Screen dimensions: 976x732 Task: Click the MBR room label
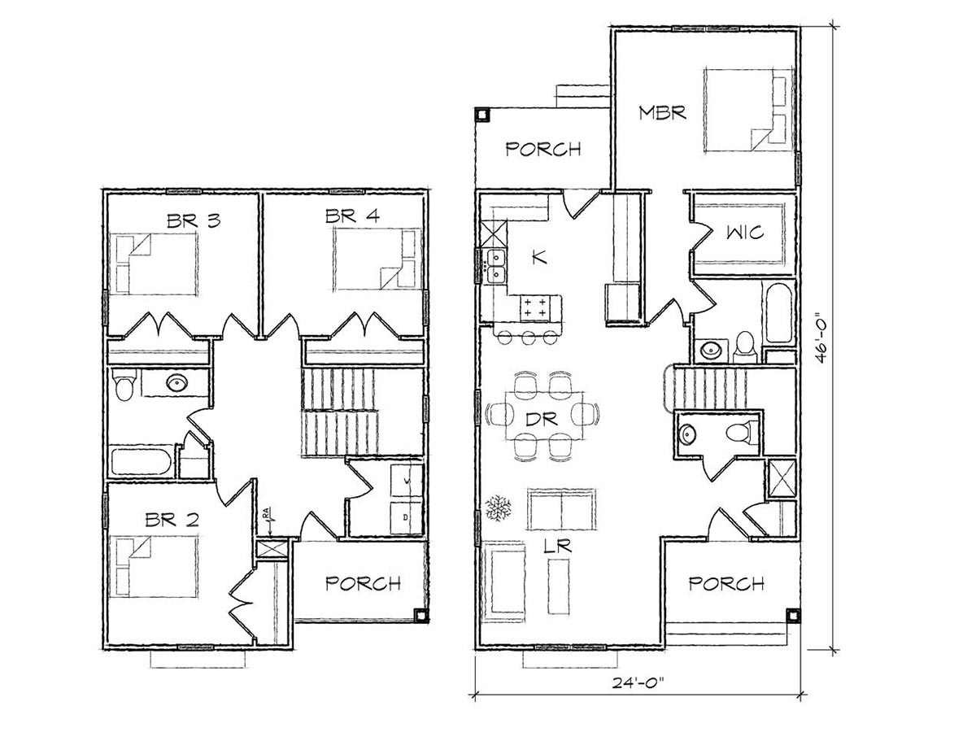(x=662, y=113)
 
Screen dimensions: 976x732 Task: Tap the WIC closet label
(x=745, y=233)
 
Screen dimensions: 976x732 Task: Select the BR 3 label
(x=194, y=221)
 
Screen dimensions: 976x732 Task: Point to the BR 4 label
(x=353, y=216)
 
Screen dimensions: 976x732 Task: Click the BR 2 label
(x=172, y=520)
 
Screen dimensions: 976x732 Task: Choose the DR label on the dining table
(x=542, y=420)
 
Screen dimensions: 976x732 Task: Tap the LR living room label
(x=558, y=547)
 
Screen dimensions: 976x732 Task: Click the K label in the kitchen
(x=540, y=257)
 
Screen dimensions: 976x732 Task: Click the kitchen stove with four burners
(x=535, y=308)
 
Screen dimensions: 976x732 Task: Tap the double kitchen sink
(x=495, y=266)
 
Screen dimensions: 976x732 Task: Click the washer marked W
(x=406, y=481)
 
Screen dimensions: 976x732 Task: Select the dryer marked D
(x=406, y=518)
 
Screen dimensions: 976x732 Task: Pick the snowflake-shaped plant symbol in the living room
(x=498, y=508)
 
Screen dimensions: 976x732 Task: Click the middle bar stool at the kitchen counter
(x=528, y=338)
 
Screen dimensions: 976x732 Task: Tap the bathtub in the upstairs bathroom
(x=141, y=462)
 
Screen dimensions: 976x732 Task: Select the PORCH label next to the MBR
(x=543, y=150)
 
